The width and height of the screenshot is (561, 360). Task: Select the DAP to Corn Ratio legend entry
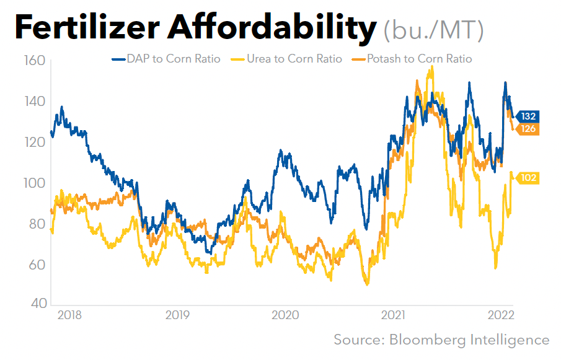pyautogui.click(x=166, y=59)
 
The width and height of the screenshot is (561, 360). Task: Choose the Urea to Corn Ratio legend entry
pyautogui.click(x=286, y=59)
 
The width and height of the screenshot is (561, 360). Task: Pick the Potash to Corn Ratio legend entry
pyautogui.click(x=412, y=59)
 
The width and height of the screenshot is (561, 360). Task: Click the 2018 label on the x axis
pyautogui.click(x=69, y=315)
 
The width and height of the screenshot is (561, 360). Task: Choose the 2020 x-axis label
pyautogui.click(x=285, y=315)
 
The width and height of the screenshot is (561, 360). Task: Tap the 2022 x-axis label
pyautogui.click(x=501, y=315)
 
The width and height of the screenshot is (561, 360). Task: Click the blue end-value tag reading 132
pyautogui.click(x=528, y=116)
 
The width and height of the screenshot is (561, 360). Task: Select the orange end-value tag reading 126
pyautogui.click(x=528, y=129)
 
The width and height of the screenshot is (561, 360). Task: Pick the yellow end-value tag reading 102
pyautogui.click(x=528, y=178)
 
